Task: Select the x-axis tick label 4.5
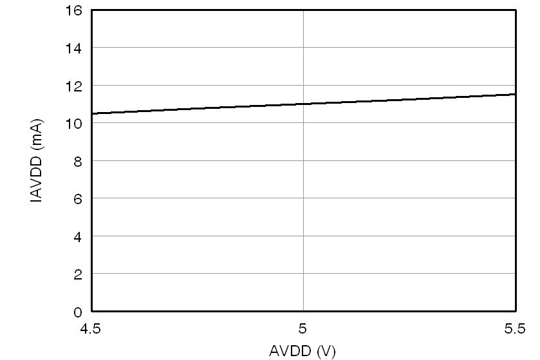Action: [91, 330]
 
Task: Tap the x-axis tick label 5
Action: [303, 330]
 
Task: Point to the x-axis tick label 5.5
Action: [516, 330]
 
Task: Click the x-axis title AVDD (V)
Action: [303, 351]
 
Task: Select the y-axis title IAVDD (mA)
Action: [37, 161]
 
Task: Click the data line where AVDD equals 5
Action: [303, 104]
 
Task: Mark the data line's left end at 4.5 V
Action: [92, 113]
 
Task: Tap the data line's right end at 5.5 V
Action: [515, 94]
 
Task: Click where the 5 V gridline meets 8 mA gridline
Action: [303, 160]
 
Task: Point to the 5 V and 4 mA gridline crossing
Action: [303, 236]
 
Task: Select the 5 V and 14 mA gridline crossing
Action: [303, 48]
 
